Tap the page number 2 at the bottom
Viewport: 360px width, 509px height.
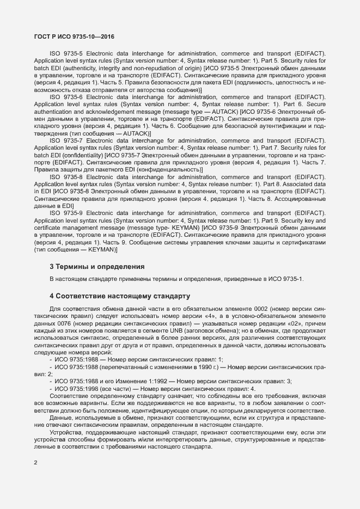[36, 463]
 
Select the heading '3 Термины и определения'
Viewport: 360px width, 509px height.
[97, 267]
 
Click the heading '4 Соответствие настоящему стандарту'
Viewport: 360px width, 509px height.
[119, 296]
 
